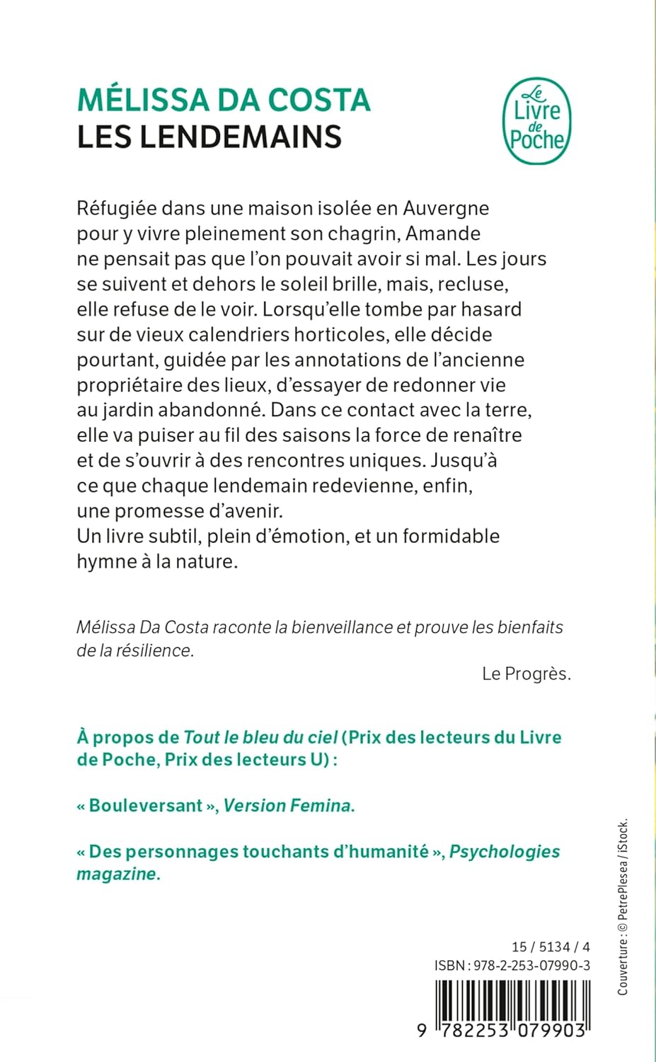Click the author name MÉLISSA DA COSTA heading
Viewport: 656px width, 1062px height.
(x=224, y=100)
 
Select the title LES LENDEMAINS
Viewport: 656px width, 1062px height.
(x=209, y=137)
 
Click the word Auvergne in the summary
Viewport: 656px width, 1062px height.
(x=446, y=208)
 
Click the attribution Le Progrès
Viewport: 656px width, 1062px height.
(x=526, y=673)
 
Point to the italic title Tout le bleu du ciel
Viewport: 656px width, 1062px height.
(x=260, y=737)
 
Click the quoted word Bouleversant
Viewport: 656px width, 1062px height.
(x=146, y=806)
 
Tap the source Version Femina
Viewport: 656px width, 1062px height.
(x=289, y=806)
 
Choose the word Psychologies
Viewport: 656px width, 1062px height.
(x=505, y=851)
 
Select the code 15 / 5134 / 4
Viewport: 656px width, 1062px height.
(x=551, y=947)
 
